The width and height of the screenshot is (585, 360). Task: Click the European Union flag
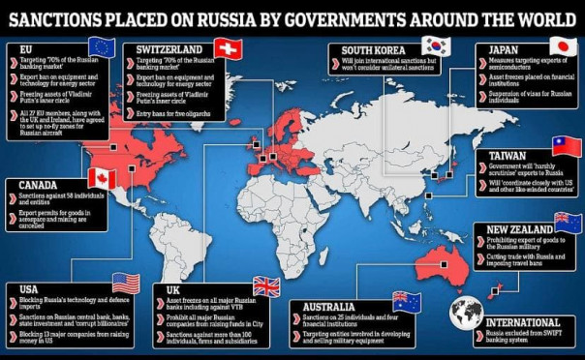pyautogui.click(x=102, y=45)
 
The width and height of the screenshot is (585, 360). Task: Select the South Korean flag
pyautogui.click(x=436, y=45)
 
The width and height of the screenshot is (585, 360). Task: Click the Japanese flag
pyautogui.click(x=563, y=45)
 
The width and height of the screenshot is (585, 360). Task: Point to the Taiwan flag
pyautogui.click(x=565, y=146)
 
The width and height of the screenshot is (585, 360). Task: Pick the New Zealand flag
pyautogui.click(x=568, y=222)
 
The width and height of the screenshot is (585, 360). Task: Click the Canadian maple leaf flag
pyautogui.click(x=102, y=178)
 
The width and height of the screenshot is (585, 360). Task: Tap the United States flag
pyautogui.click(x=126, y=284)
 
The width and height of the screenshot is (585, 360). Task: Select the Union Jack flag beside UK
pyautogui.click(x=265, y=285)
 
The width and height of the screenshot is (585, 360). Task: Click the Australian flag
pyautogui.click(x=406, y=301)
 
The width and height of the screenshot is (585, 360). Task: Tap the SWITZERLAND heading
pyautogui.click(x=170, y=49)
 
